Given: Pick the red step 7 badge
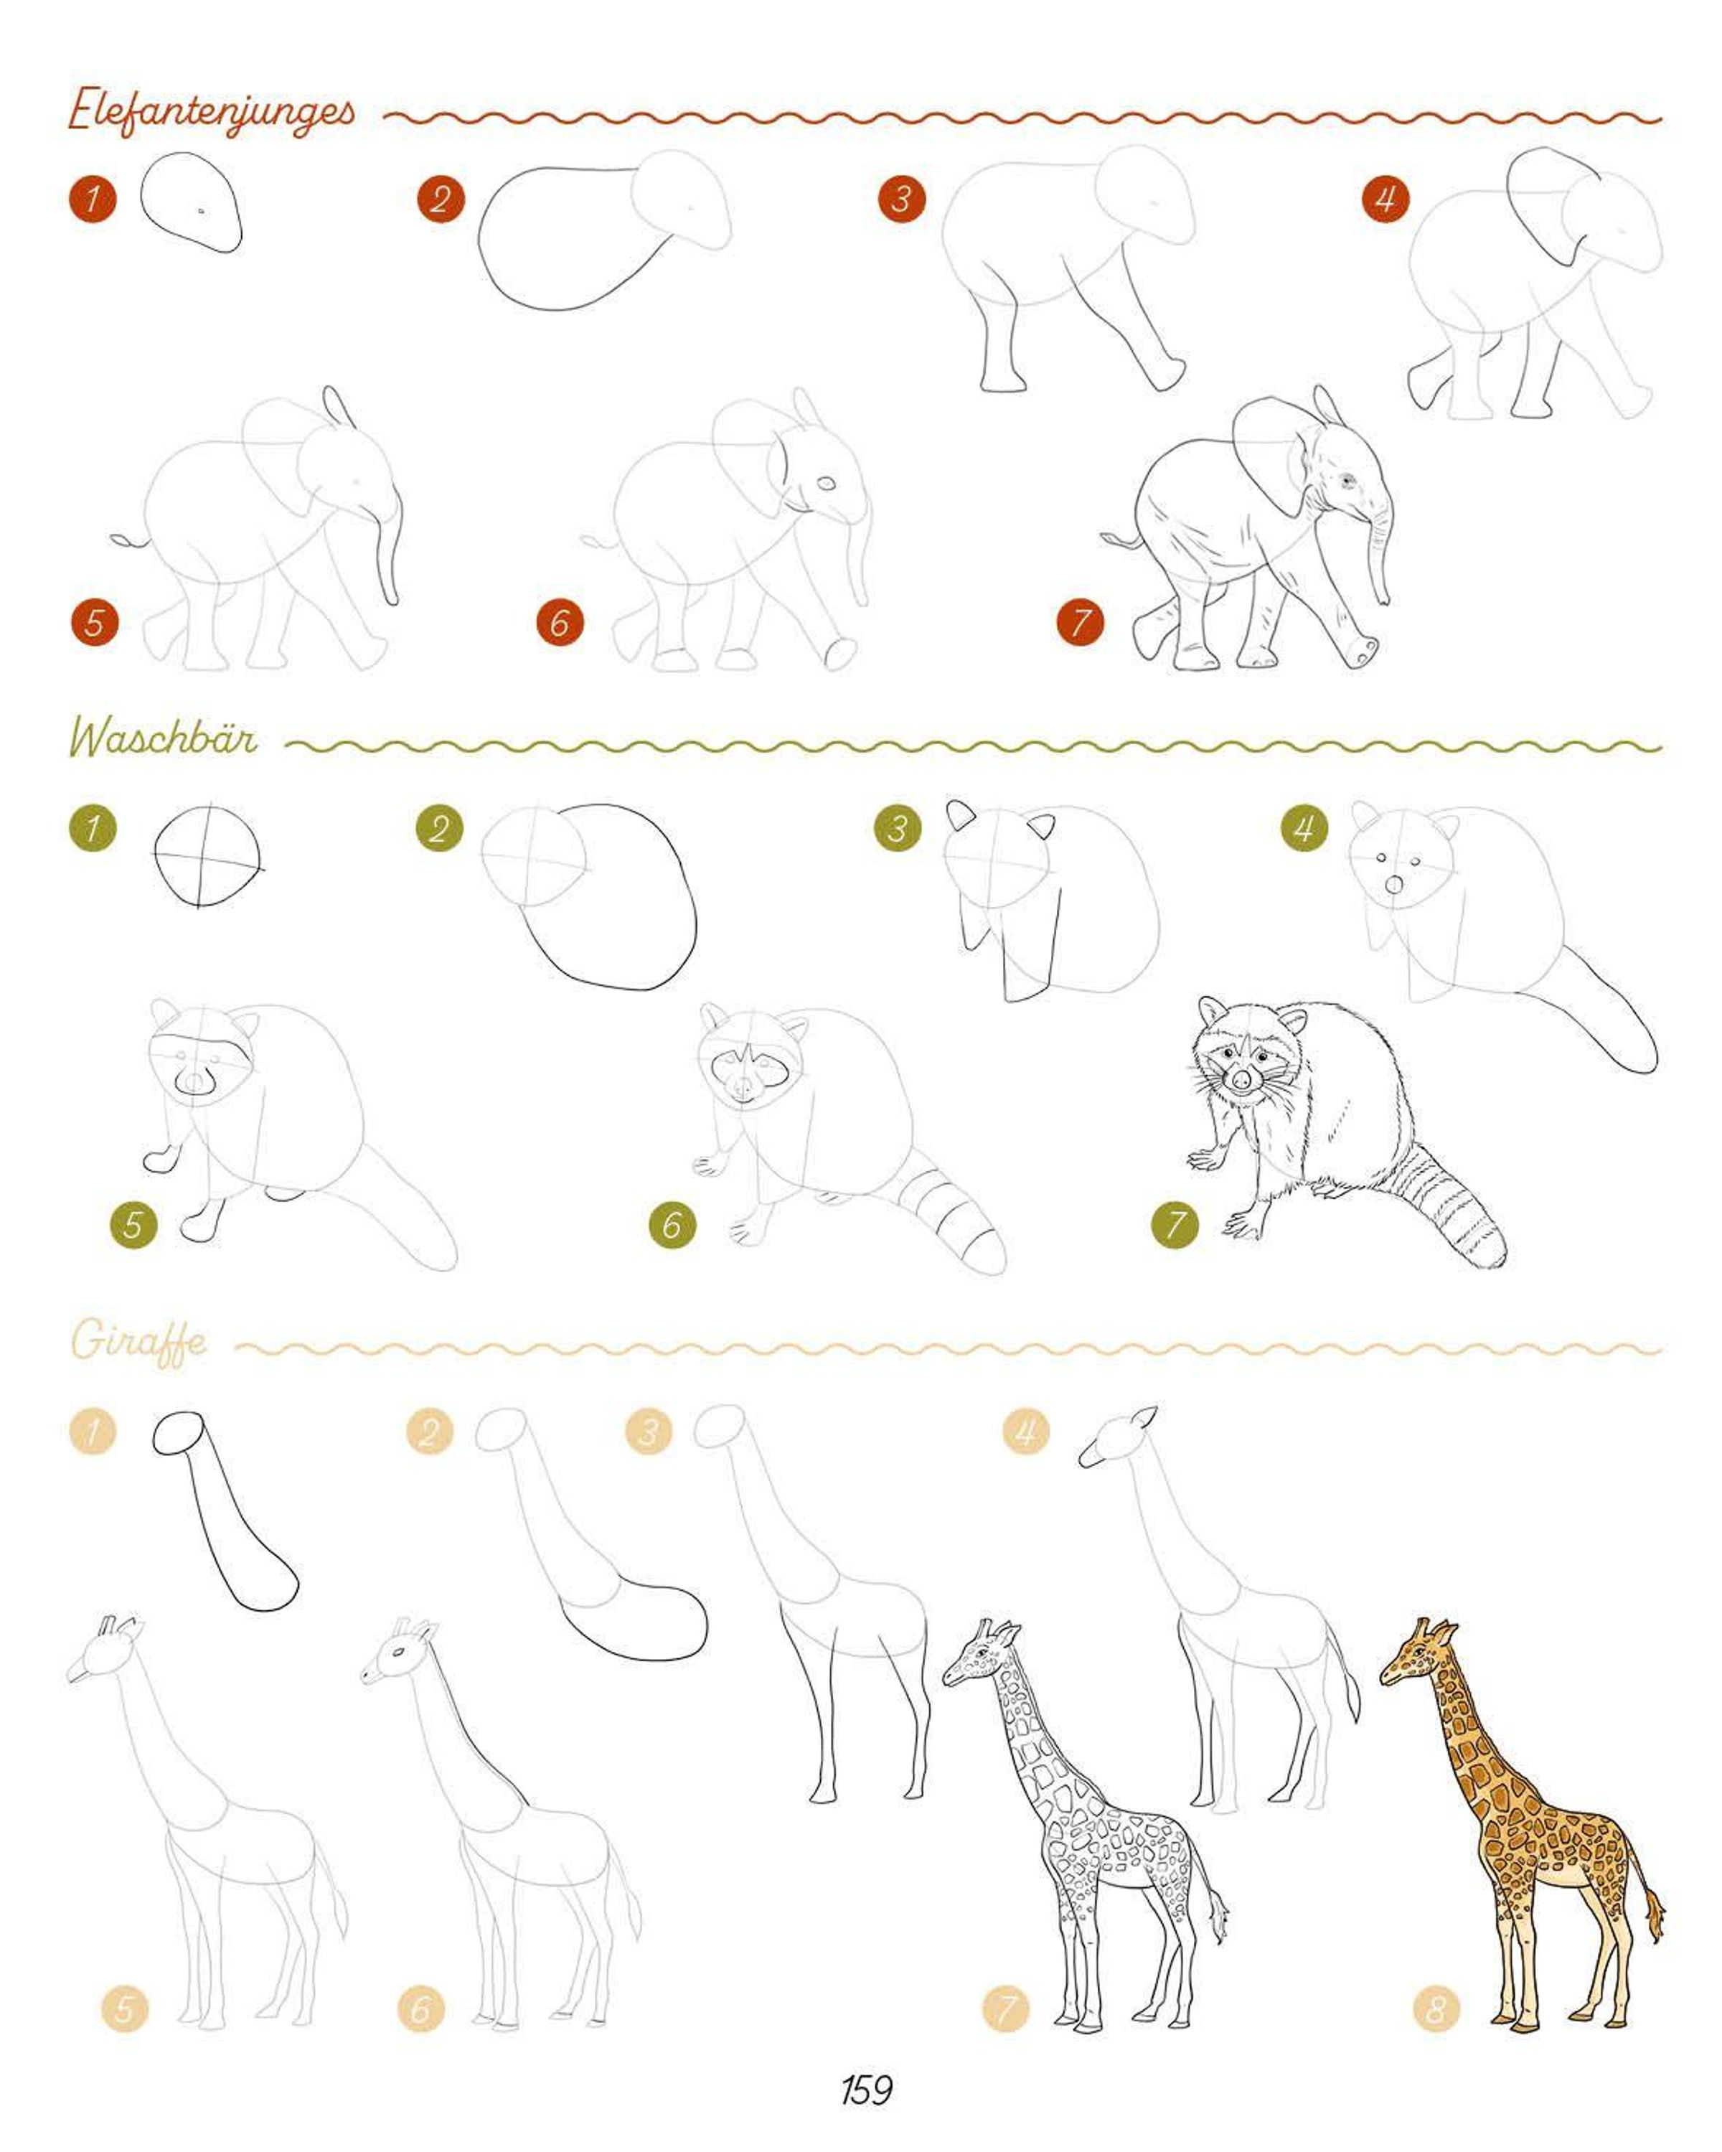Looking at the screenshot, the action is (1080, 623).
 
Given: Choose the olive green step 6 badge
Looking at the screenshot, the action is (672, 1225).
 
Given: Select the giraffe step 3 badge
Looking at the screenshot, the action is (649, 1432).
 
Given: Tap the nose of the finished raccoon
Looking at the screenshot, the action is (1241, 1080).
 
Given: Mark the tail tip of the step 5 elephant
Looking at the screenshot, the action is (121, 541).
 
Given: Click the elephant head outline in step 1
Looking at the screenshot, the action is (191, 202).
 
